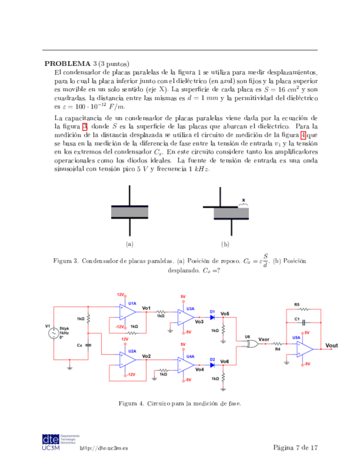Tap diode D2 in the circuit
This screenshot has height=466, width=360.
tap(212, 364)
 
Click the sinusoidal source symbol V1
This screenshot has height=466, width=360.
tap(54, 334)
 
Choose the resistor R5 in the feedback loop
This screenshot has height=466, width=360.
tap(303, 309)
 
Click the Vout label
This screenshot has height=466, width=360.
tap(332, 345)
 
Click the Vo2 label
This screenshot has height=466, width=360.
tap(146, 356)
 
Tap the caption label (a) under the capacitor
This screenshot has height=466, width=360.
tap(130, 244)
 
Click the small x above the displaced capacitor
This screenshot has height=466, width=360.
tap(243, 201)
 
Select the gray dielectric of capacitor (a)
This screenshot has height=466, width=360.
tap(130, 212)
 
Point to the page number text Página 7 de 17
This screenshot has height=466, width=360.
tap(295, 448)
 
